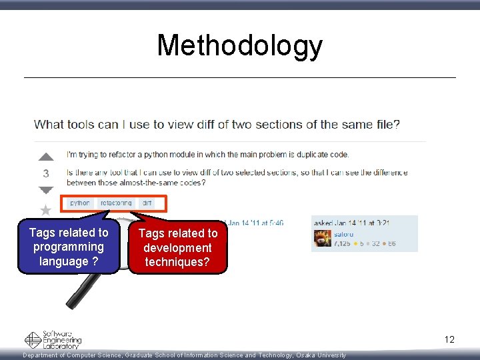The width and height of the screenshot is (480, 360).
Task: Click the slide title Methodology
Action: point(239,46)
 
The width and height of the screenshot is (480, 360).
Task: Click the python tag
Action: point(80,203)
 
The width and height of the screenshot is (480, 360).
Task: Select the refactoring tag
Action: point(116,203)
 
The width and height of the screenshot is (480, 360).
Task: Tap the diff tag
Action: point(147,203)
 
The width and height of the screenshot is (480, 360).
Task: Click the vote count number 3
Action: point(45,173)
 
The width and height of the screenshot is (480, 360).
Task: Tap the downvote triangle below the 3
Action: point(45,190)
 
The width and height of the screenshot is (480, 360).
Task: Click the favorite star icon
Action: point(45,211)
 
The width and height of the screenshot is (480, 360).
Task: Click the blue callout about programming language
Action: point(69,247)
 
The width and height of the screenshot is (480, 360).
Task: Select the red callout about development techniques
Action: point(178,248)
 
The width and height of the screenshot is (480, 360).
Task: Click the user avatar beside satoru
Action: point(323,239)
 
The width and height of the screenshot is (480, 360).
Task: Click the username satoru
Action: point(345,234)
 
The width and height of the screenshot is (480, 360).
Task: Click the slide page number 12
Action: point(449,340)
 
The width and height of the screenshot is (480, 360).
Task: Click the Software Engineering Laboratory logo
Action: point(53,340)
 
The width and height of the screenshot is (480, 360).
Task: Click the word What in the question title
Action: point(49,124)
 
